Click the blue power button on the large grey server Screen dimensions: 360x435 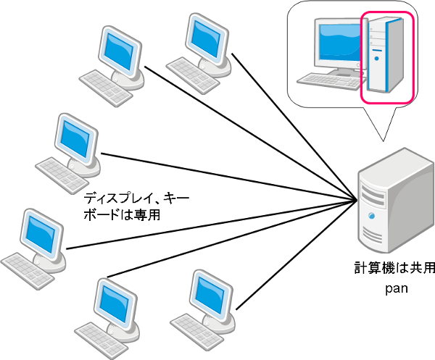(372, 215)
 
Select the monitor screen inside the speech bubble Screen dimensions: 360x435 (338, 42)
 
